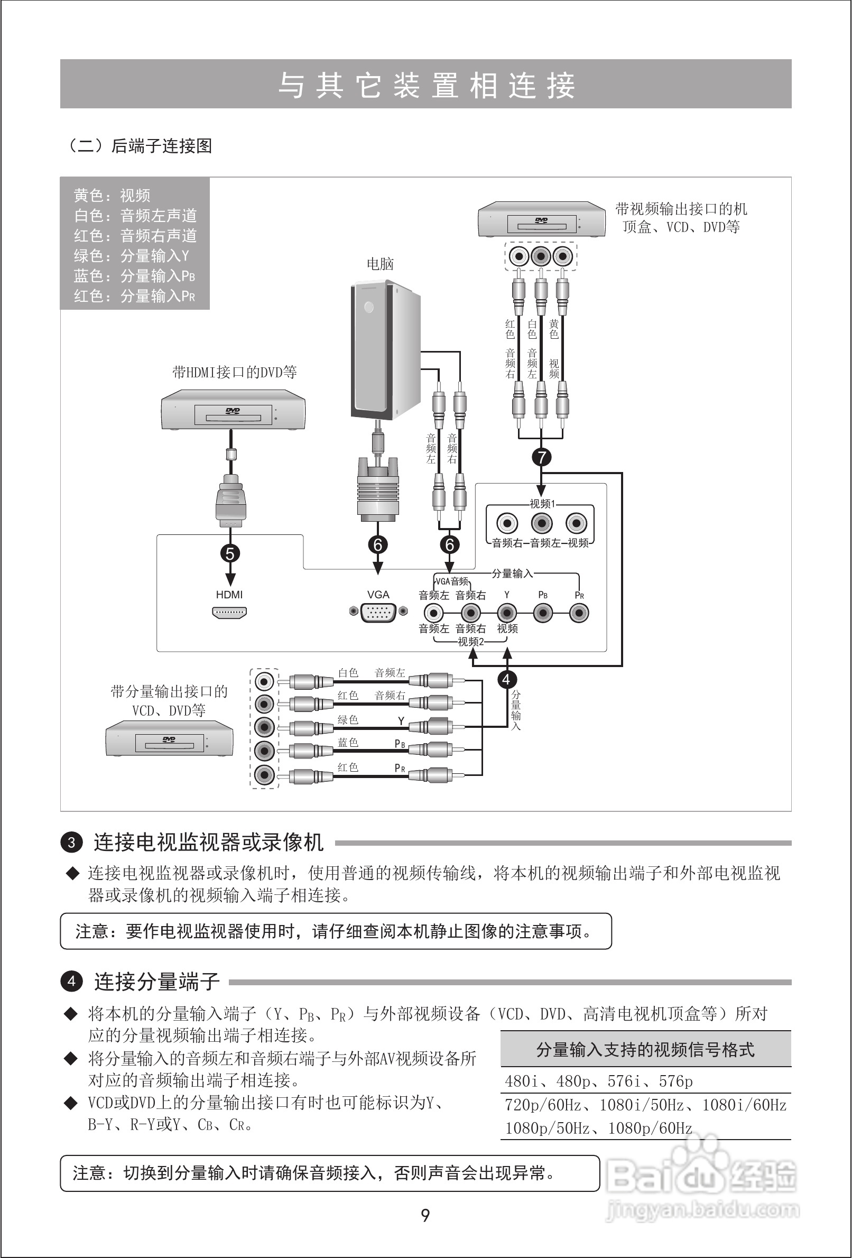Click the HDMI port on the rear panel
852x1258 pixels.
229,613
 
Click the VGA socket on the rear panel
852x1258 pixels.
378,612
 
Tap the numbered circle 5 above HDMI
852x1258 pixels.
230,553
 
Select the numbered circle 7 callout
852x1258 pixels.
541,457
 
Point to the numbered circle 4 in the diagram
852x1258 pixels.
507,679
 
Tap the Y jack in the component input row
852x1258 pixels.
507,613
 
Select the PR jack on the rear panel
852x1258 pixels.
579,613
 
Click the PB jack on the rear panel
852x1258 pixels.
543,613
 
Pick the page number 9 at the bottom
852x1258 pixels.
425,1216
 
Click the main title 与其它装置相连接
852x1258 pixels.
426,85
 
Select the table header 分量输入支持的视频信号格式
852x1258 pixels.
645,1050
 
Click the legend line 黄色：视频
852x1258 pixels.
112,196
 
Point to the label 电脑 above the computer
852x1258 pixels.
380,264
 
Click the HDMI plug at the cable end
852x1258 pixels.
230,501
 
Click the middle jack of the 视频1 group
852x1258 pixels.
541,523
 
